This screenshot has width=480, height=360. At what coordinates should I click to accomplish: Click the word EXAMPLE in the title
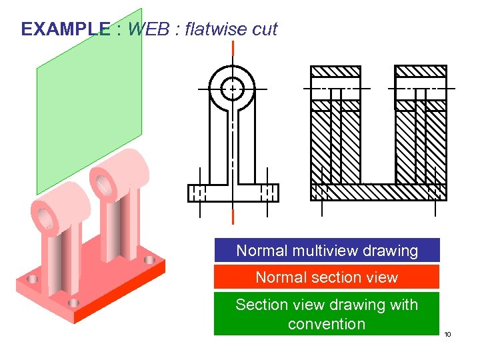pos(65,29)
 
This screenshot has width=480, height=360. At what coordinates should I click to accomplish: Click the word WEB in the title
pos(149,29)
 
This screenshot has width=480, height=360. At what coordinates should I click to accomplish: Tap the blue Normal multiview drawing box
pos(327,251)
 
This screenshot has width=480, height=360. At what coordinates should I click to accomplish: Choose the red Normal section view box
pos(327,277)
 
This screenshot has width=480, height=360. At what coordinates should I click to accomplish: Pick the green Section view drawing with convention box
pos(327,314)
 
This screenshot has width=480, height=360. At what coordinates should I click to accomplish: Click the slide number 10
pos(447,333)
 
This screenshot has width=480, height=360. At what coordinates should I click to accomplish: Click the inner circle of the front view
pos(232,88)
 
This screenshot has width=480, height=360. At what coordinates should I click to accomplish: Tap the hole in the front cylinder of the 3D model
pos(44,217)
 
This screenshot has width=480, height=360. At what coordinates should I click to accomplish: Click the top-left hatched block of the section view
pos(336,71)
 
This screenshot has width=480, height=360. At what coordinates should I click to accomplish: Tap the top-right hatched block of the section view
pos(421,71)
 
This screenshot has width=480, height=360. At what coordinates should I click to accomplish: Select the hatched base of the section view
pos(378,192)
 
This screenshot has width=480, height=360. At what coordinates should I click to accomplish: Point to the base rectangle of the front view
pos(233,193)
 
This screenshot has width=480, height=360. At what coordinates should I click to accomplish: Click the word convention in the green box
pos(327,324)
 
